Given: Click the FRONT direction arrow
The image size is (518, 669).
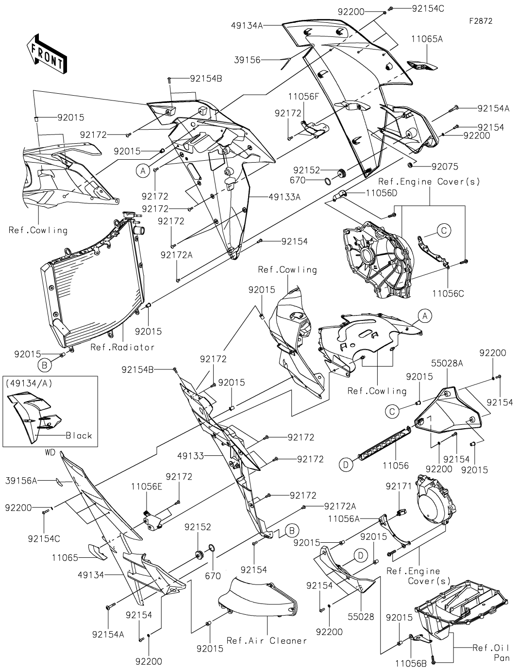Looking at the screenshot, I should point(47,53).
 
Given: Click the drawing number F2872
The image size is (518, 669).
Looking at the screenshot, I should point(481,21).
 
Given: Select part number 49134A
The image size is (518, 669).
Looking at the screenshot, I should point(248,26).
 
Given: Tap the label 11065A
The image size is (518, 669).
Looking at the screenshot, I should point(427,39).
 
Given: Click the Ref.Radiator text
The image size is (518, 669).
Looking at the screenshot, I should point(122,347).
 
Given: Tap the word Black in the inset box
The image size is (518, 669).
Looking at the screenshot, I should point(79,435).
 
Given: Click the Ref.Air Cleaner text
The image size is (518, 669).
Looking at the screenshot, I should point(267,641).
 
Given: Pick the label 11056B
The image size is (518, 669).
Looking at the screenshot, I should point(411,662).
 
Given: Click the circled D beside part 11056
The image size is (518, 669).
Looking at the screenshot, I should point(346,465).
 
